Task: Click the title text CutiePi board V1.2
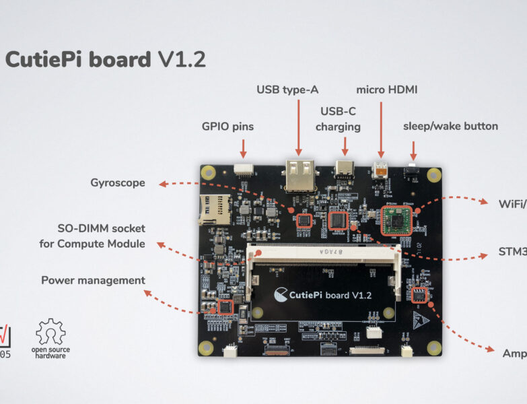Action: coord(106,60)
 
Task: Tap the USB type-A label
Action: coord(287,90)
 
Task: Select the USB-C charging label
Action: coord(338,119)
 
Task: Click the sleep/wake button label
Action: coord(450,126)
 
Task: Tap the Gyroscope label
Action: coord(118,182)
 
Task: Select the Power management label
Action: coord(93,280)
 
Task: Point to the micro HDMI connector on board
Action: coord(381,171)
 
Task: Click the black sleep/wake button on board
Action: coord(411,171)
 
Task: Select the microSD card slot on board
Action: coord(213,209)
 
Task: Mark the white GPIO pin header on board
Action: coord(243,171)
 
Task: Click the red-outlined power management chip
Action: coord(225,307)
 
